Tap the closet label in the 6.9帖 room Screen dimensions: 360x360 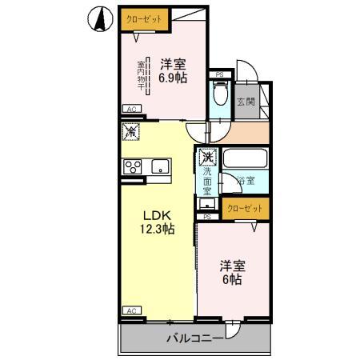pyautogui.click(x=139, y=17)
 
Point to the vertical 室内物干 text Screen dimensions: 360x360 pyautogui.click(x=142, y=76)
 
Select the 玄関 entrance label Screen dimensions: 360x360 pyautogui.click(x=246, y=102)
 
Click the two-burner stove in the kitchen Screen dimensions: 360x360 pyautogui.click(x=133, y=166)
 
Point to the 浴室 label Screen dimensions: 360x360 pyautogui.click(x=245, y=182)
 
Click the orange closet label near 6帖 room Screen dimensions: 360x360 pyautogui.click(x=245, y=209)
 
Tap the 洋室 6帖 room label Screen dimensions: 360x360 pyautogui.click(x=234, y=272)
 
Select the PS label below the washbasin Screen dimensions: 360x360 pyautogui.click(x=207, y=216)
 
